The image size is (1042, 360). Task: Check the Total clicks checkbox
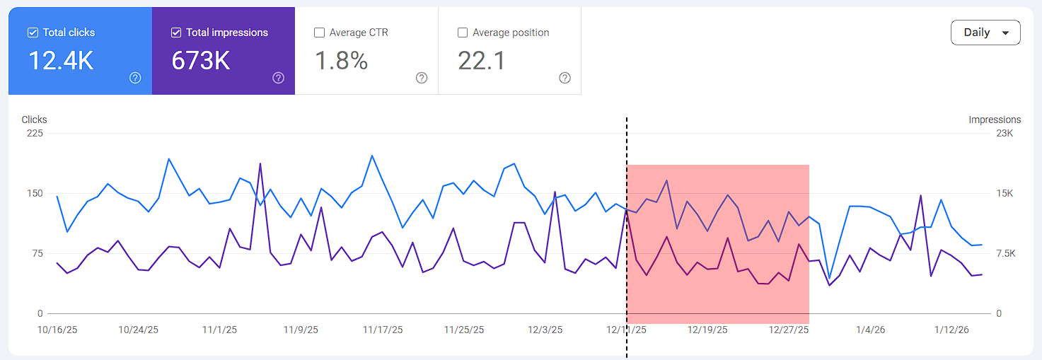(x=33, y=33)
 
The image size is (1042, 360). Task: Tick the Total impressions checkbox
(x=176, y=33)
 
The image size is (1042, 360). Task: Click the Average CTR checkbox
(x=319, y=33)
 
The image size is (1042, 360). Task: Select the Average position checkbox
(x=463, y=33)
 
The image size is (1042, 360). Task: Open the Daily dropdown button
(x=985, y=33)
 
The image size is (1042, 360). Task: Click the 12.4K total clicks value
(x=61, y=61)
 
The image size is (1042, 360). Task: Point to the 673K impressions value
(x=201, y=61)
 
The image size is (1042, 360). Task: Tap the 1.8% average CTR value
(x=342, y=61)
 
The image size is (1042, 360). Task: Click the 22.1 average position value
(x=482, y=61)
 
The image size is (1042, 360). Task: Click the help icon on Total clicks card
(x=135, y=78)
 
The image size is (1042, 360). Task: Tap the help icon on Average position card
(x=565, y=78)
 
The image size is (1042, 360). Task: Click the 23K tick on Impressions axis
(x=1005, y=133)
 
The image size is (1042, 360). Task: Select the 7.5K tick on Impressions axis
(x=1005, y=253)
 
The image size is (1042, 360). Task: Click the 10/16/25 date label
(x=57, y=330)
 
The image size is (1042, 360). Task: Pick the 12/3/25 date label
(x=545, y=330)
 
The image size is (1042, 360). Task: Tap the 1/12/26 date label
(x=951, y=330)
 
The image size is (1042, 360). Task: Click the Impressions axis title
(x=995, y=120)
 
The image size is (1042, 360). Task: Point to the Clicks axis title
(x=34, y=120)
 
